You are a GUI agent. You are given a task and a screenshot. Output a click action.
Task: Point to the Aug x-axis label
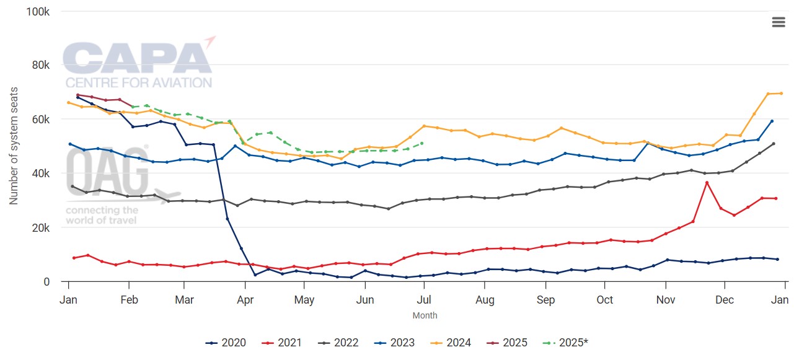pyautogui.click(x=485, y=300)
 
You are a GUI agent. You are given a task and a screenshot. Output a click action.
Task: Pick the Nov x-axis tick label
pyautogui.click(x=665, y=300)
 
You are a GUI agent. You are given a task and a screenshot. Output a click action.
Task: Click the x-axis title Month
pyautogui.click(x=425, y=315)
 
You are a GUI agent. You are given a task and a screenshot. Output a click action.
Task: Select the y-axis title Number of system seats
pyautogui.click(x=14, y=146)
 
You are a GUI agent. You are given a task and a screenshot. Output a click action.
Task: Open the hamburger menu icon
pyautogui.click(x=779, y=22)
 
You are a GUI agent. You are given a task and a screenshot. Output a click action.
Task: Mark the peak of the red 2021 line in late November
pyautogui.click(x=707, y=183)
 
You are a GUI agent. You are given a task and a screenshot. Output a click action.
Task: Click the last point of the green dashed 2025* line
pyautogui.click(x=422, y=143)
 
